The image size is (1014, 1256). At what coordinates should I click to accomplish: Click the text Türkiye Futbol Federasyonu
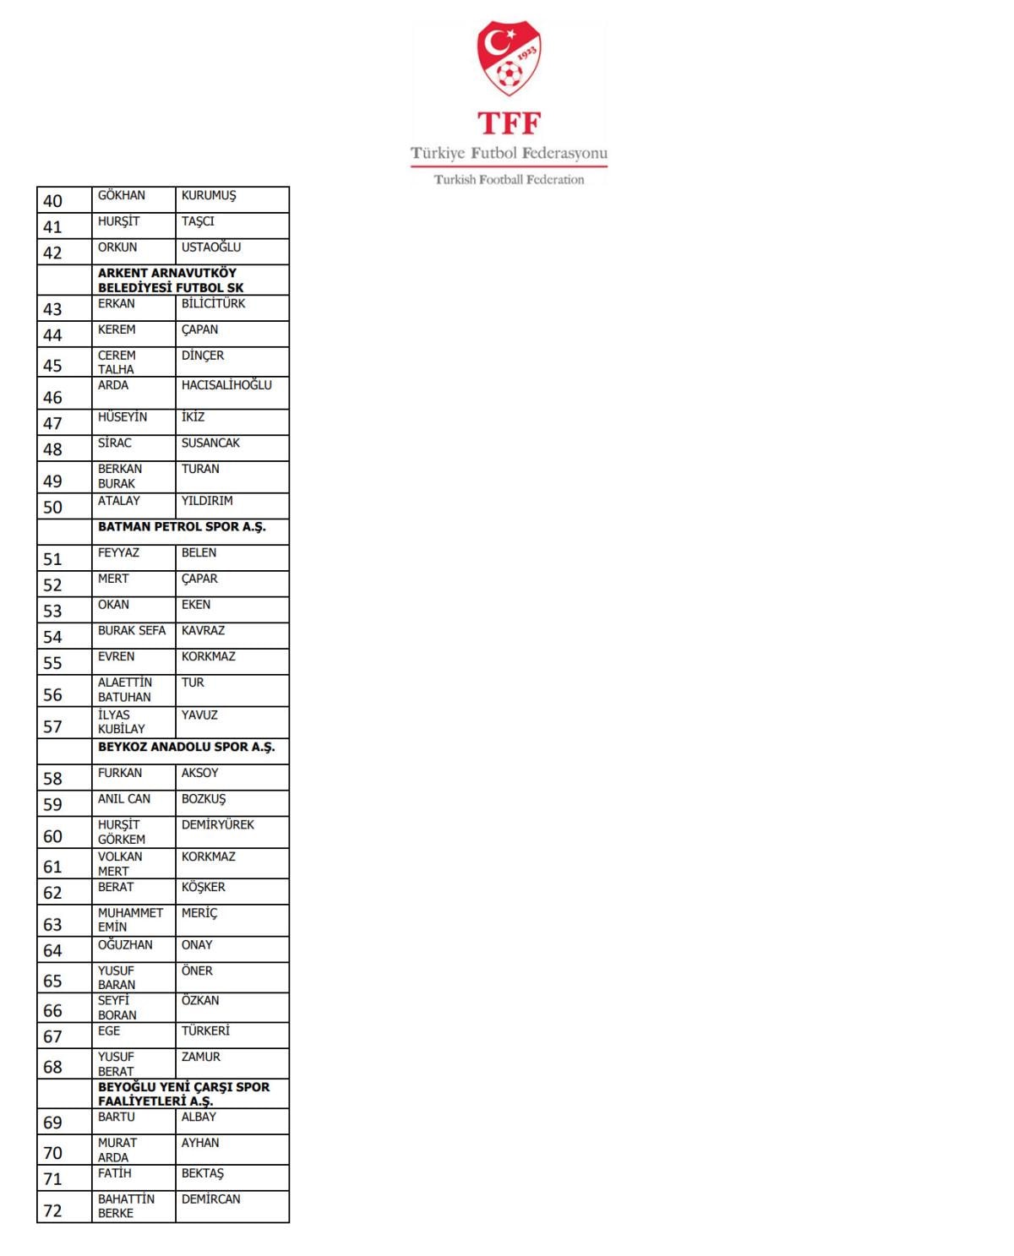(x=509, y=153)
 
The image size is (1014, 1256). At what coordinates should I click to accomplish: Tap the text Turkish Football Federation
(x=509, y=179)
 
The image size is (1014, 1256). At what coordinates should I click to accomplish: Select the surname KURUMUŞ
(x=209, y=195)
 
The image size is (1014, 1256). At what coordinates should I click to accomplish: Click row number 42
(x=52, y=253)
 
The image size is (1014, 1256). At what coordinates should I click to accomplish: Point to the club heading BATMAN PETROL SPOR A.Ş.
(x=182, y=527)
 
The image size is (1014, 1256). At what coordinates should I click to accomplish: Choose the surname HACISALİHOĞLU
(x=226, y=385)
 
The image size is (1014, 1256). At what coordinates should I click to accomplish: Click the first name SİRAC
(x=115, y=443)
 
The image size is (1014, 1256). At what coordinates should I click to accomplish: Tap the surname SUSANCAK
(x=210, y=443)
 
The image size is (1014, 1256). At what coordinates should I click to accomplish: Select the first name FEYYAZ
(x=118, y=552)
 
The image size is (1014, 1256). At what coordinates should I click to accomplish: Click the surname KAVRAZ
(x=203, y=630)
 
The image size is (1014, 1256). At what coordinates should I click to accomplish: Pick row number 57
(x=52, y=726)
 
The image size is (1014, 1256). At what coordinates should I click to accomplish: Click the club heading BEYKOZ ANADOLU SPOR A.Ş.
(x=186, y=747)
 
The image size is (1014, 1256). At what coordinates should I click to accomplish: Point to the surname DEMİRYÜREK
(x=217, y=824)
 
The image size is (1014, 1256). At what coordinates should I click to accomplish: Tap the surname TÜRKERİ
(x=205, y=1030)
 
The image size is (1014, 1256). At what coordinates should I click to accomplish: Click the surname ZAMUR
(x=200, y=1057)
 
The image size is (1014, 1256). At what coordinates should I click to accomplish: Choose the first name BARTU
(x=117, y=1117)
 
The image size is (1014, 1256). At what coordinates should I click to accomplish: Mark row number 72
(x=52, y=1210)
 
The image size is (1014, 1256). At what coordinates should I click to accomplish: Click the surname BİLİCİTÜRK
(x=213, y=303)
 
